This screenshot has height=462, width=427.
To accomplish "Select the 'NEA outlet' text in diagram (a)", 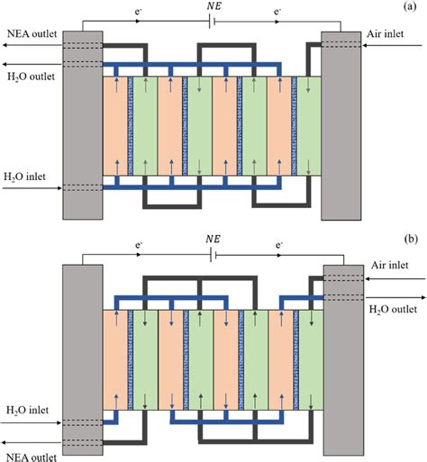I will tap(29, 34).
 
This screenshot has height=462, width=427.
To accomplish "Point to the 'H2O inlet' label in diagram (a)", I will tap(25, 175).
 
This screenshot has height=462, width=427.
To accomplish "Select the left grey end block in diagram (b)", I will tap(82, 360).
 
